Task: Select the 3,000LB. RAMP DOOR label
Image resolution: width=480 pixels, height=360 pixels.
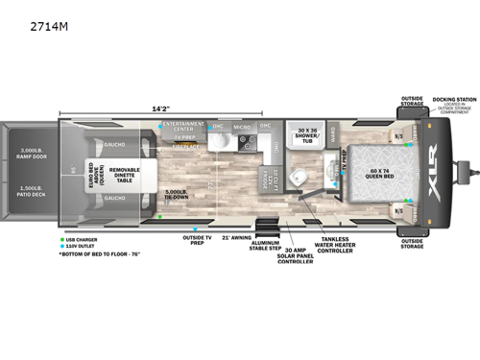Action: click(x=27, y=153)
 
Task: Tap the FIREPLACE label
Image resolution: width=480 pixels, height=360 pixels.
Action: click(x=183, y=147)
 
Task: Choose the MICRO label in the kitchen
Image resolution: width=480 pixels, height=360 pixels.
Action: click(x=241, y=126)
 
